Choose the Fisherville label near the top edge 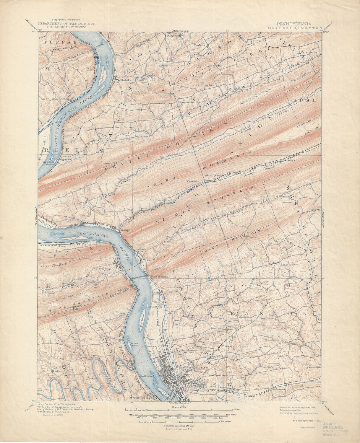point(174,35)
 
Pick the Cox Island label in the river point(142,319)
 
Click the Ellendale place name point(193,181)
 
